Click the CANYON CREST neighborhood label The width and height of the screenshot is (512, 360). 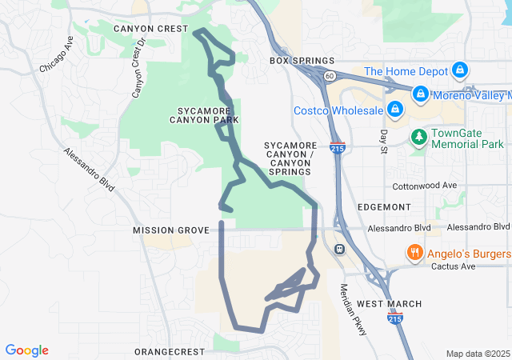[x=150, y=29]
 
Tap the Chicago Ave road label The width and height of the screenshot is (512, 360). [x=57, y=55]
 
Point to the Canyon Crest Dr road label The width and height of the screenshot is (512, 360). [x=138, y=69]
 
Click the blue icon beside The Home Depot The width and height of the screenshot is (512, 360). [x=459, y=71]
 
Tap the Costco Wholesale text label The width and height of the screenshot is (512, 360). [x=337, y=110]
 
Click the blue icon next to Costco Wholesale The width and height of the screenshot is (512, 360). [x=394, y=109]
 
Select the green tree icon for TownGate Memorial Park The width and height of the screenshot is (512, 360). [x=419, y=138]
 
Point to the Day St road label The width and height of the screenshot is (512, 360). [x=385, y=142]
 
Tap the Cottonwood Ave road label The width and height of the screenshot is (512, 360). [x=425, y=186]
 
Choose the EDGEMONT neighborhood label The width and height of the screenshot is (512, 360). [x=384, y=206]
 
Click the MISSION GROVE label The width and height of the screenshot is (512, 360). [x=170, y=230]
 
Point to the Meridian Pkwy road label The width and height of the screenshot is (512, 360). [x=352, y=309]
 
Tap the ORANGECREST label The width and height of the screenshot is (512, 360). [x=170, y=352]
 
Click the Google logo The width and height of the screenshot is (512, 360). [x=27, y=350]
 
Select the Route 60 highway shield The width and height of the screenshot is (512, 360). [x=329, y=75]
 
